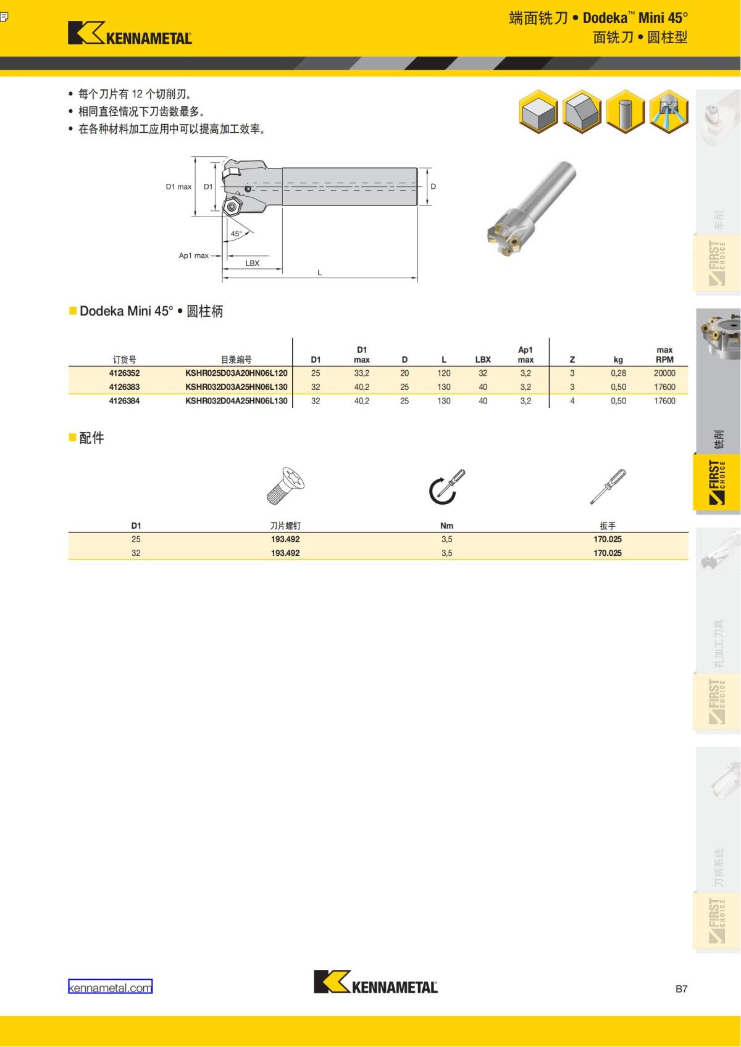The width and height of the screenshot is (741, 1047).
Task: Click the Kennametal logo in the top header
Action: [x=130, y=33]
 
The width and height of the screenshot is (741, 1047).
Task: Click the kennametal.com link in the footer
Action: [x=110, y=987]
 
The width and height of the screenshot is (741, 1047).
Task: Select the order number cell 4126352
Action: [x=124, y=373]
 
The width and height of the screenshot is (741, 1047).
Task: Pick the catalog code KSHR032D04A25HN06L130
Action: [x=236, y=401]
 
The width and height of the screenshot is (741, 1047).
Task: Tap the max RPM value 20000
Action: [x=664, y=373]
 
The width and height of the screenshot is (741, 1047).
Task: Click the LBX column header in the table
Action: [x=482, y=360]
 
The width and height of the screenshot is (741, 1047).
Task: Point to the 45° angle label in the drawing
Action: [x=237, y=234]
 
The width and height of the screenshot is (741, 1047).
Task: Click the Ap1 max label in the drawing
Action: [x=193, y=255]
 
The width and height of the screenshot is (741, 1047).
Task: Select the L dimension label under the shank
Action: [x=319, y=272]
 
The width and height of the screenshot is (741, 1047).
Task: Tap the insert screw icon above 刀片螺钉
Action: [x=285, y=486]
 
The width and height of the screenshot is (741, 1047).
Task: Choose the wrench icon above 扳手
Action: [x=608, y=487]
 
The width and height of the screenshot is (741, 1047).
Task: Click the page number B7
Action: [x=681, y=989]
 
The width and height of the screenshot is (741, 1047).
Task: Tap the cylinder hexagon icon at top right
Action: [x=625, y=112]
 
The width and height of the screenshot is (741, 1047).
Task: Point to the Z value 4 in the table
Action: [x=572, y=401]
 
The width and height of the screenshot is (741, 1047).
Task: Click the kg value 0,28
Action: [x=618, y=373]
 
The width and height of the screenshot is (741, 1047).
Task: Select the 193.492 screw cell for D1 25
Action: [x=285, y=539]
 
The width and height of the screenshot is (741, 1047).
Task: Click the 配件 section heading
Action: [x=91, y=438]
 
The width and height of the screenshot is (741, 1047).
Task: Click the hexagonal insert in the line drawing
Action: [x=232, y=207]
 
